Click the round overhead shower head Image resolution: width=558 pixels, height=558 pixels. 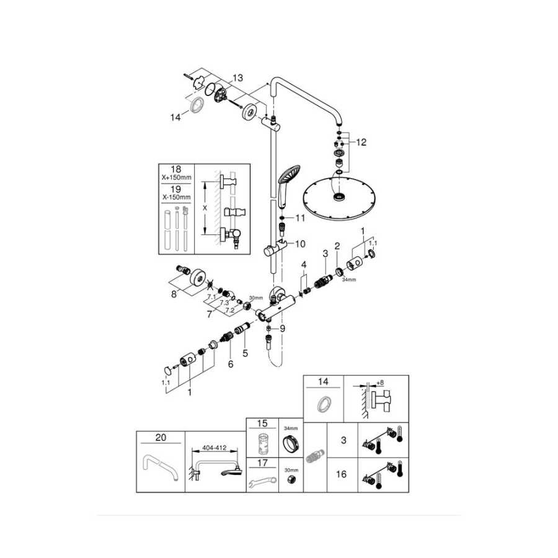[x=339, y=197]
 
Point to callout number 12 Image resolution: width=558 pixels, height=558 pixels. [x=361, y=142]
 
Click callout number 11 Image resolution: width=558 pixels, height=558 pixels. [x=301, y=218]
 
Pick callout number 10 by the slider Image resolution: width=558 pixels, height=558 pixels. [x=301, y=243]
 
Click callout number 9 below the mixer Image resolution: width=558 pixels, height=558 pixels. [x=283, y=328]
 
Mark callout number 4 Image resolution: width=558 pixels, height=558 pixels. [x=304, y=265]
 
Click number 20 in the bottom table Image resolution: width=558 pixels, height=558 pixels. [x=161, y=437]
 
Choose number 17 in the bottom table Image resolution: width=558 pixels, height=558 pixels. [x=262, y=463]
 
